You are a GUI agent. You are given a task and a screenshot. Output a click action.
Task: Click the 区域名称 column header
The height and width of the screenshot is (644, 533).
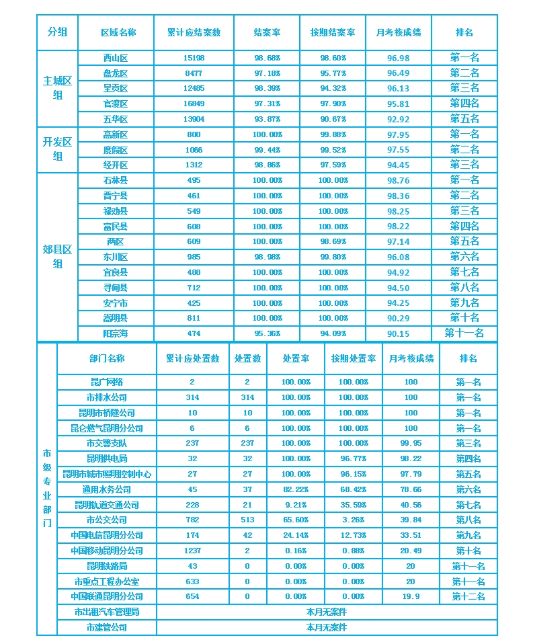click(118, 32)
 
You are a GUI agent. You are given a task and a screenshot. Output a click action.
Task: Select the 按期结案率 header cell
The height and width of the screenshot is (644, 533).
click(333, 32)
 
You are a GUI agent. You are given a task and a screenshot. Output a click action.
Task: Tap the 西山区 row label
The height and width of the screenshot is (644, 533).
click(116, 58)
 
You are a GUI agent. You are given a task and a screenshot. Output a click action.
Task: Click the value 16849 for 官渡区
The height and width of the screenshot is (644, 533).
click(194, 104)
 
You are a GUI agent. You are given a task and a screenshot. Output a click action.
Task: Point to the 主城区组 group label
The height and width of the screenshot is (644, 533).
click(57, 88)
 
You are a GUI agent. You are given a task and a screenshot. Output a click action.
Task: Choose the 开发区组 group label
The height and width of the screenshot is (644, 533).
click(57, 149)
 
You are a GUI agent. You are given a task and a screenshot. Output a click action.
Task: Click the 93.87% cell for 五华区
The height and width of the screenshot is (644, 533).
click(267, 120)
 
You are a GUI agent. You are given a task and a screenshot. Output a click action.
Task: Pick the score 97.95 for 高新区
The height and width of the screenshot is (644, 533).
click(399, 134)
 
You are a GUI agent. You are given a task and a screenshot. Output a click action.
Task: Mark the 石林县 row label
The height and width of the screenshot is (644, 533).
click(116, 180)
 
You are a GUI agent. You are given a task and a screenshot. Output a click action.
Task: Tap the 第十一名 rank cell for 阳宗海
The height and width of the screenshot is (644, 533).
click(464, 333)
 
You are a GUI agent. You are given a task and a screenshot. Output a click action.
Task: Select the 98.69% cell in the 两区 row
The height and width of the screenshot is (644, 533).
click(333, 241)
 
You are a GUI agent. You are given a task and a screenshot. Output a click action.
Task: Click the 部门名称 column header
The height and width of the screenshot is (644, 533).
click(107, 359)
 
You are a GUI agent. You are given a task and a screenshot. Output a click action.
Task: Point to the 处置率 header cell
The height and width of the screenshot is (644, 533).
click(295, 359)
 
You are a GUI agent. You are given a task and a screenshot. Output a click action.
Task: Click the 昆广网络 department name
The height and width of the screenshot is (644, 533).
click(107, 382)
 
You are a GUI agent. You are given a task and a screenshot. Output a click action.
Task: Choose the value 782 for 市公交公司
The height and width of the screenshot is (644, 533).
click(192, 520)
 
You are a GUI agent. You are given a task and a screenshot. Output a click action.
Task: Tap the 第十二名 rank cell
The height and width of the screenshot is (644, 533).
click(468, 596)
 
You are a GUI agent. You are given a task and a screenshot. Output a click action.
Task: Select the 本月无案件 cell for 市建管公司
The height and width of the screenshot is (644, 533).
click(327, 627)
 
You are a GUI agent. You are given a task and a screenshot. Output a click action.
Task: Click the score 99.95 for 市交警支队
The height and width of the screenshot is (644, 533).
click(411, 444)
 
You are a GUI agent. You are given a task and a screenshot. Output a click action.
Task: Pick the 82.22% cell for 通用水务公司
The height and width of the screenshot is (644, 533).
click(295, 489)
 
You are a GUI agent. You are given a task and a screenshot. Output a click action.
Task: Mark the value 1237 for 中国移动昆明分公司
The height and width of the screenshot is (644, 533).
click(192, 551)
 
